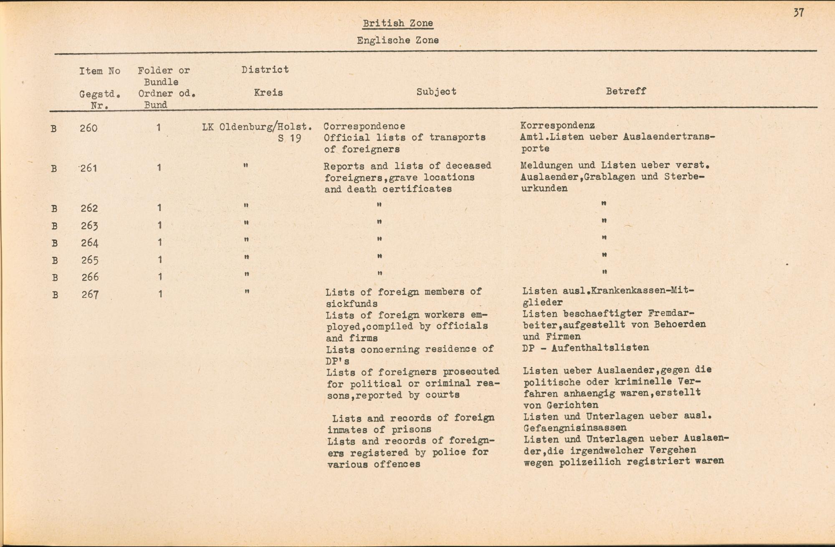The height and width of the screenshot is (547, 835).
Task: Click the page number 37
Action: tap(798, 13)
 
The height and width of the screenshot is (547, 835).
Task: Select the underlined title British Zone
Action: tap(397, 23)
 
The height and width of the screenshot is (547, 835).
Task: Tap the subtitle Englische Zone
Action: tap(397, 41)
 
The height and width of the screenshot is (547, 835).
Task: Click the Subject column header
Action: tap(436, 91)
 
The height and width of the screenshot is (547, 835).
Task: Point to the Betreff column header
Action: tap(625, 91)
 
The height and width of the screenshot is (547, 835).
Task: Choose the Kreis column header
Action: tap(268, 92)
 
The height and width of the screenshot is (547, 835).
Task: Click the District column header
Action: tap(265, 70)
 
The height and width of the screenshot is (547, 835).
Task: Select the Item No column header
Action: tap(100, 71)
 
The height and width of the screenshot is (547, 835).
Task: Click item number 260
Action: tap(89, 128)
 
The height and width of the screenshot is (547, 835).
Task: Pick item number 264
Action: tap(89, 243)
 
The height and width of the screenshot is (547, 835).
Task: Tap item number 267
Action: tap(90, 294)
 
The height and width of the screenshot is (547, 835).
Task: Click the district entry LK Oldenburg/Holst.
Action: tap(257, 126)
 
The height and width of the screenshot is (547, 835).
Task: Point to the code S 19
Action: tap(289, 138)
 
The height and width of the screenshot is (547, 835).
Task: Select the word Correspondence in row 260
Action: tap(364, 126)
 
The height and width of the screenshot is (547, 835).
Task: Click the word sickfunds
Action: tap(352, 304)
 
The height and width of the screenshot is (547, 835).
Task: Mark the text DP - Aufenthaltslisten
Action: tap(585, 347)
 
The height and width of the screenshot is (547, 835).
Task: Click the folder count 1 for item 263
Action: tap(159, 225)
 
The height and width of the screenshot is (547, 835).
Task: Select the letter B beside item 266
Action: tap(54, 278)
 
